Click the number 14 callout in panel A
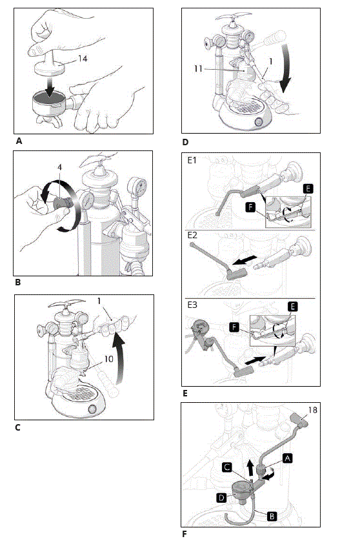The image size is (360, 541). point(83,59)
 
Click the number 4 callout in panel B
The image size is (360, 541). point(59,167)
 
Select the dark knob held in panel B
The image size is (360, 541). point(62,203)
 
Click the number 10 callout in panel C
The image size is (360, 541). point(108,359)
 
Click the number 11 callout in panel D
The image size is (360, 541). point(198,68)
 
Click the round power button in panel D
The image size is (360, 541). point(259,122)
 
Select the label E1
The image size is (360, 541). point(192,161)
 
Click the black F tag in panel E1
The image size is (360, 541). point(251,207)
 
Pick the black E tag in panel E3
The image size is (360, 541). point(292,307)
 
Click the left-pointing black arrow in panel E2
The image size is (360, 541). point(245,261)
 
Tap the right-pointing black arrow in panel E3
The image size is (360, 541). point(255,360)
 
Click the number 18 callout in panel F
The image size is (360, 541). point(312,410)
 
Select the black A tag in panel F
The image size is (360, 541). point(288,458)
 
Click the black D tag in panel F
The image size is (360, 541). point(221,498)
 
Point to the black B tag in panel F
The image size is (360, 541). point(272,516)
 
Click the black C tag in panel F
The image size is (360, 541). point(227,467)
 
